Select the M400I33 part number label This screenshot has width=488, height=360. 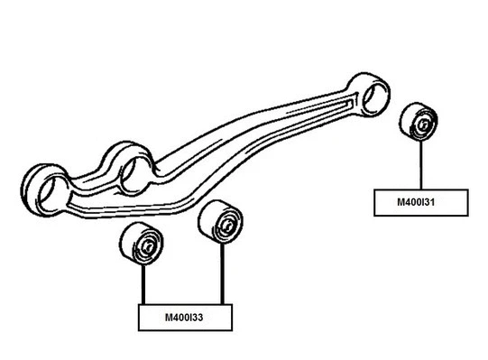[x=185, y=317]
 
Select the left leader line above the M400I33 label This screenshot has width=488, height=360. [x=143, y=285]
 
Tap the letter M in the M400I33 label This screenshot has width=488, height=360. [x=167, y=317]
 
